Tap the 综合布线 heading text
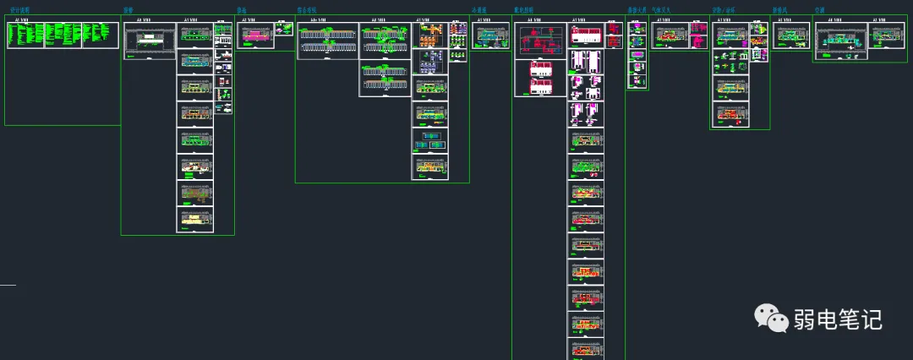click(307, 11)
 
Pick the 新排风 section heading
click(781, 11)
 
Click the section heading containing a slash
click(722, 11)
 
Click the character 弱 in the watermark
click(804, 319)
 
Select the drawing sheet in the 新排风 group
click(791, 35)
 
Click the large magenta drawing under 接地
click(255, 35)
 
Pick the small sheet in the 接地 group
click(285, 29)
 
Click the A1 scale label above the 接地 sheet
click(249, 19)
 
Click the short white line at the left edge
click(8, 286)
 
